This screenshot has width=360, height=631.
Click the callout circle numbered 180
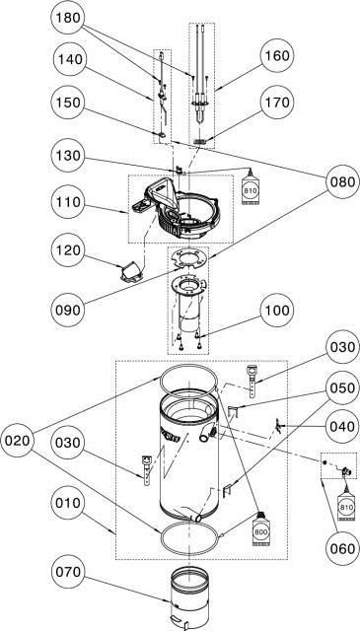click(68, 18)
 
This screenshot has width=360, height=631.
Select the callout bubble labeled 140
click(70, 59)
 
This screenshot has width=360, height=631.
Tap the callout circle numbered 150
click(68, 103)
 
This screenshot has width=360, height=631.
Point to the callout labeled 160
click(278, 55)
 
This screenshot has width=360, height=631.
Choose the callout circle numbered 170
click(277, 103)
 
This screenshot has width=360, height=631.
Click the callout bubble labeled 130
click(68, 156)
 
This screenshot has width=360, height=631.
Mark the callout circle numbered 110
click(68, 202)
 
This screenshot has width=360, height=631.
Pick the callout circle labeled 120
click(68, 249)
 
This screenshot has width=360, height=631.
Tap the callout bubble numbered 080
click(343, 181)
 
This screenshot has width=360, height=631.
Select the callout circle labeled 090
click(68, 311)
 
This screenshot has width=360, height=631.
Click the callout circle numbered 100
click(277, 311)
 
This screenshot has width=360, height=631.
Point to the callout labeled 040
click(342, 426)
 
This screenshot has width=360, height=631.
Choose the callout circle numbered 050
click(342, 388)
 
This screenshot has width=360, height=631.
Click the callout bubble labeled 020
click(18, 441)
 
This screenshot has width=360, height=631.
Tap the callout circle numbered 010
click(68, 503)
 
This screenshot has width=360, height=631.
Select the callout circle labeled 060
click(342, 548)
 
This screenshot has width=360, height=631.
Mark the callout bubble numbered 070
click(68, 572)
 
